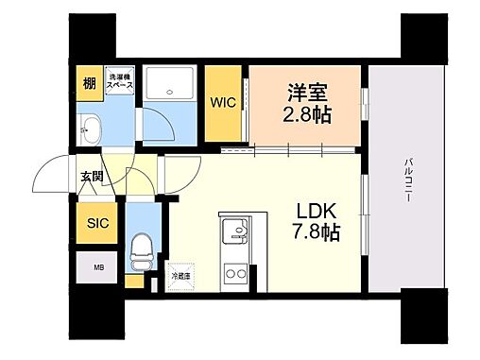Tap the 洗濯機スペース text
[x=119, y=81]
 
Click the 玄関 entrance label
[x=91, y=175]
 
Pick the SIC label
[x=98, y=224]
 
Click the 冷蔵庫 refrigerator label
[x=180, y=275]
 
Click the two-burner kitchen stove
[x=233, y=273]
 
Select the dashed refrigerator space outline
[x=180, y=276]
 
